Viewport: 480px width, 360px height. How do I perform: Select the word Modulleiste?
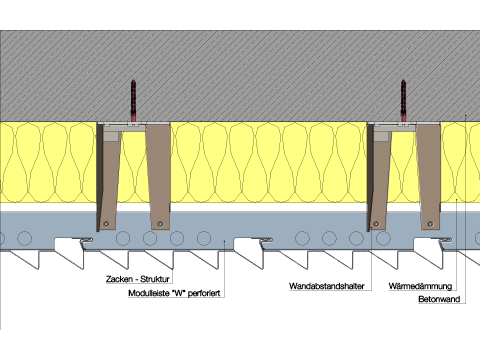149,293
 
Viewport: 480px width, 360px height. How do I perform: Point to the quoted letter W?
179,293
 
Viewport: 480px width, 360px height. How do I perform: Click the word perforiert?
204,293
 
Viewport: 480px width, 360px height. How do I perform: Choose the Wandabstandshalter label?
327,286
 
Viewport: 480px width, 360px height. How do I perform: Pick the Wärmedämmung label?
420,286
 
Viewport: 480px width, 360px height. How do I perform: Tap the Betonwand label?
439,299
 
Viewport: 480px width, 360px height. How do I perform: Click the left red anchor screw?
134,100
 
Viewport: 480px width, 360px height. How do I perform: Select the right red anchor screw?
404,100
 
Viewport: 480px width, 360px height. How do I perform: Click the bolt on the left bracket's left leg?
106,224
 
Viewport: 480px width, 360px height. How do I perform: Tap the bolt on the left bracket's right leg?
160,224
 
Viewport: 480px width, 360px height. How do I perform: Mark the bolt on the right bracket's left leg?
376,224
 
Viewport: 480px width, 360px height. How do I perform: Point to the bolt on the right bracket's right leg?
430,224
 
